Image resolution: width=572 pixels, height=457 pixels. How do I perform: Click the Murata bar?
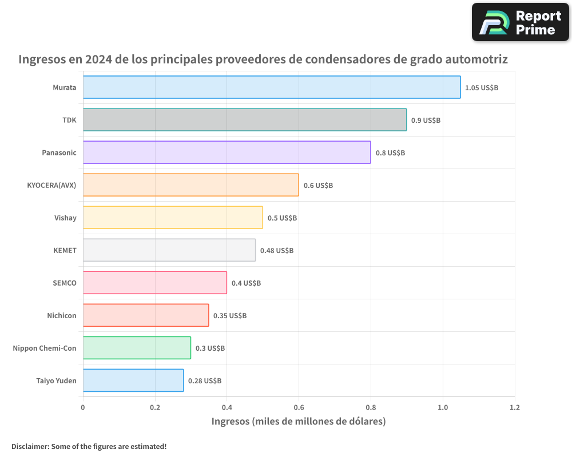coord(272,87)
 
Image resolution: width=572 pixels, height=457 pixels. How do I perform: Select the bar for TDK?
coord(245,120)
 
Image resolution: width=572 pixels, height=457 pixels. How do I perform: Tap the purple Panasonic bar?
coord(227,153)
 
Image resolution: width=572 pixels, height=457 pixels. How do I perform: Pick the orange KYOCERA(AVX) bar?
coord(190,185)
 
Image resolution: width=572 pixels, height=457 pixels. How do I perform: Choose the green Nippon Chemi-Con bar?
coord(137,348)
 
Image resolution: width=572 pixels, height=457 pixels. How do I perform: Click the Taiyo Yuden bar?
coord(133,380)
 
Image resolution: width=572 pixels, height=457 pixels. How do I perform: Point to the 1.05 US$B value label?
coord(482,88)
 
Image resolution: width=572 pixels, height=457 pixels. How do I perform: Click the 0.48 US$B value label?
coord(277,250)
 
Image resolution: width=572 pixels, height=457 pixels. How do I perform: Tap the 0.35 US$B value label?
coord(230,315)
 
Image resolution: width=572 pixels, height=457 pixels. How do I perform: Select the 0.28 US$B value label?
coord(205,380)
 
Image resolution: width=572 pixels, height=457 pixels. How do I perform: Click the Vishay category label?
coord(65,218)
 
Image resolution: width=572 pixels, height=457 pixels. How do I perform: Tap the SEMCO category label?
coord(64,283)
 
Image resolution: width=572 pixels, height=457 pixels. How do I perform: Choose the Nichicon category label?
coord(61,315)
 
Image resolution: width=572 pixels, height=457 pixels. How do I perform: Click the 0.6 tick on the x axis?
coord(299,408)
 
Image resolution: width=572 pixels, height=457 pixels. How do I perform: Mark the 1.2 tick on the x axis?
coord(515,408)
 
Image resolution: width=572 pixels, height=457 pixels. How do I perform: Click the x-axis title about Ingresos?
coord(299,422)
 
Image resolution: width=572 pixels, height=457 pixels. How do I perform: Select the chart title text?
coord(263,59)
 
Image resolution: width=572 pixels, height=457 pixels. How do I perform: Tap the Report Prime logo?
coord(521,22)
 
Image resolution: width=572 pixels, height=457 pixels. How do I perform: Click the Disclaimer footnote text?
coord(89,446)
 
